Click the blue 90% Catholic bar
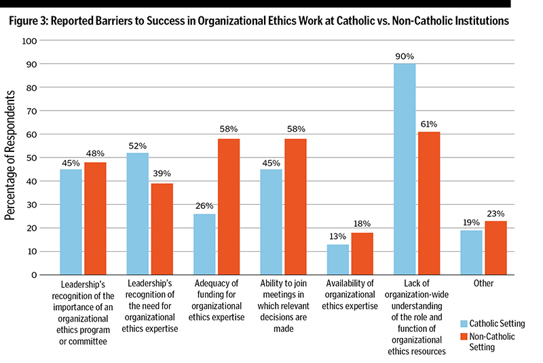pyautogui.click(x=405, y=169)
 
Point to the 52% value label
pyautogui.click(x=138, y=147)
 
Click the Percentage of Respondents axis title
pyautogui.click(x=12, y=158)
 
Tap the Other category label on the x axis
pyautogui.click(x=485, y=284)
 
